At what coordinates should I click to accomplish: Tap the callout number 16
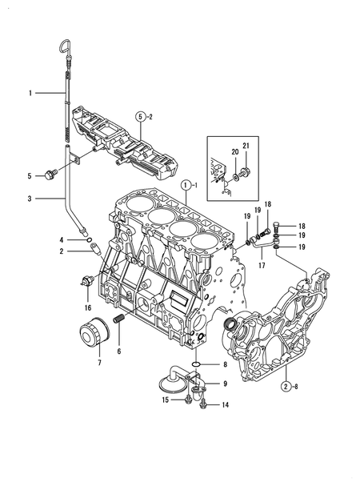pos(88,307)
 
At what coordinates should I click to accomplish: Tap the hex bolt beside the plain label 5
pos(53,174)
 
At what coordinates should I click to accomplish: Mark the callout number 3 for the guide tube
pos(29,199)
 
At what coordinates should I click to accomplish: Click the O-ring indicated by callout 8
pos(197,365)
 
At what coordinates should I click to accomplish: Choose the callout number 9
pos(225,384)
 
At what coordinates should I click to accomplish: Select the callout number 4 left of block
pos(61,239)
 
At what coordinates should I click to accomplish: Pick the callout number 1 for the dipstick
pos(29,94)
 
